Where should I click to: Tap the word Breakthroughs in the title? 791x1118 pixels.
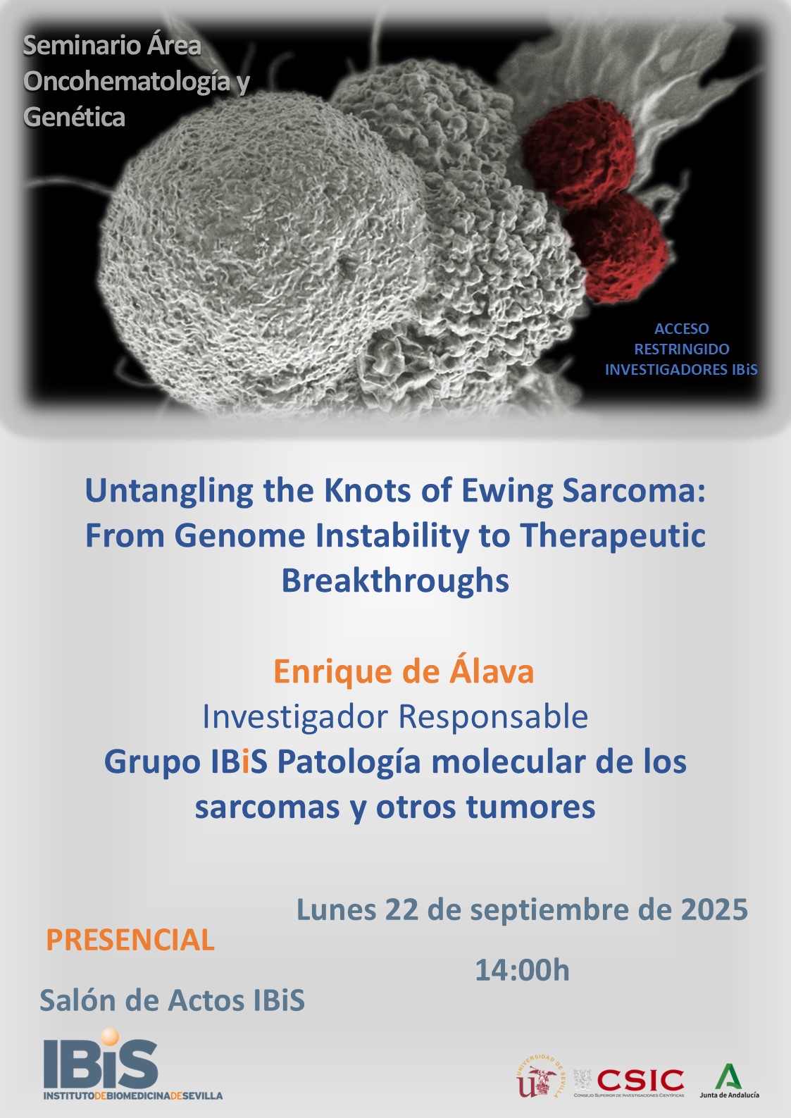point(395,580)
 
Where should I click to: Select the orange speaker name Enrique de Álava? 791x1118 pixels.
point(404,671)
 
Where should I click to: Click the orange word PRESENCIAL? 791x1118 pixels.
point(130,940)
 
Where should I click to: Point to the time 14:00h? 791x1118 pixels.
point(522,970)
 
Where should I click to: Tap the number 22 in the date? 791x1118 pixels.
point(401,909)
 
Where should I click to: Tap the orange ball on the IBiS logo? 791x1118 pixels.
point(109,1036)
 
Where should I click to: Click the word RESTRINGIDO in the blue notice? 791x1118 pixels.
point(681,349)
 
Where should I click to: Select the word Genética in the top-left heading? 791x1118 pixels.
point(74,117)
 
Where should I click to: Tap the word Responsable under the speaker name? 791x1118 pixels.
point(493,717)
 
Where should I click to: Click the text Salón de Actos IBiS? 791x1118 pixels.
point(172,1000)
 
